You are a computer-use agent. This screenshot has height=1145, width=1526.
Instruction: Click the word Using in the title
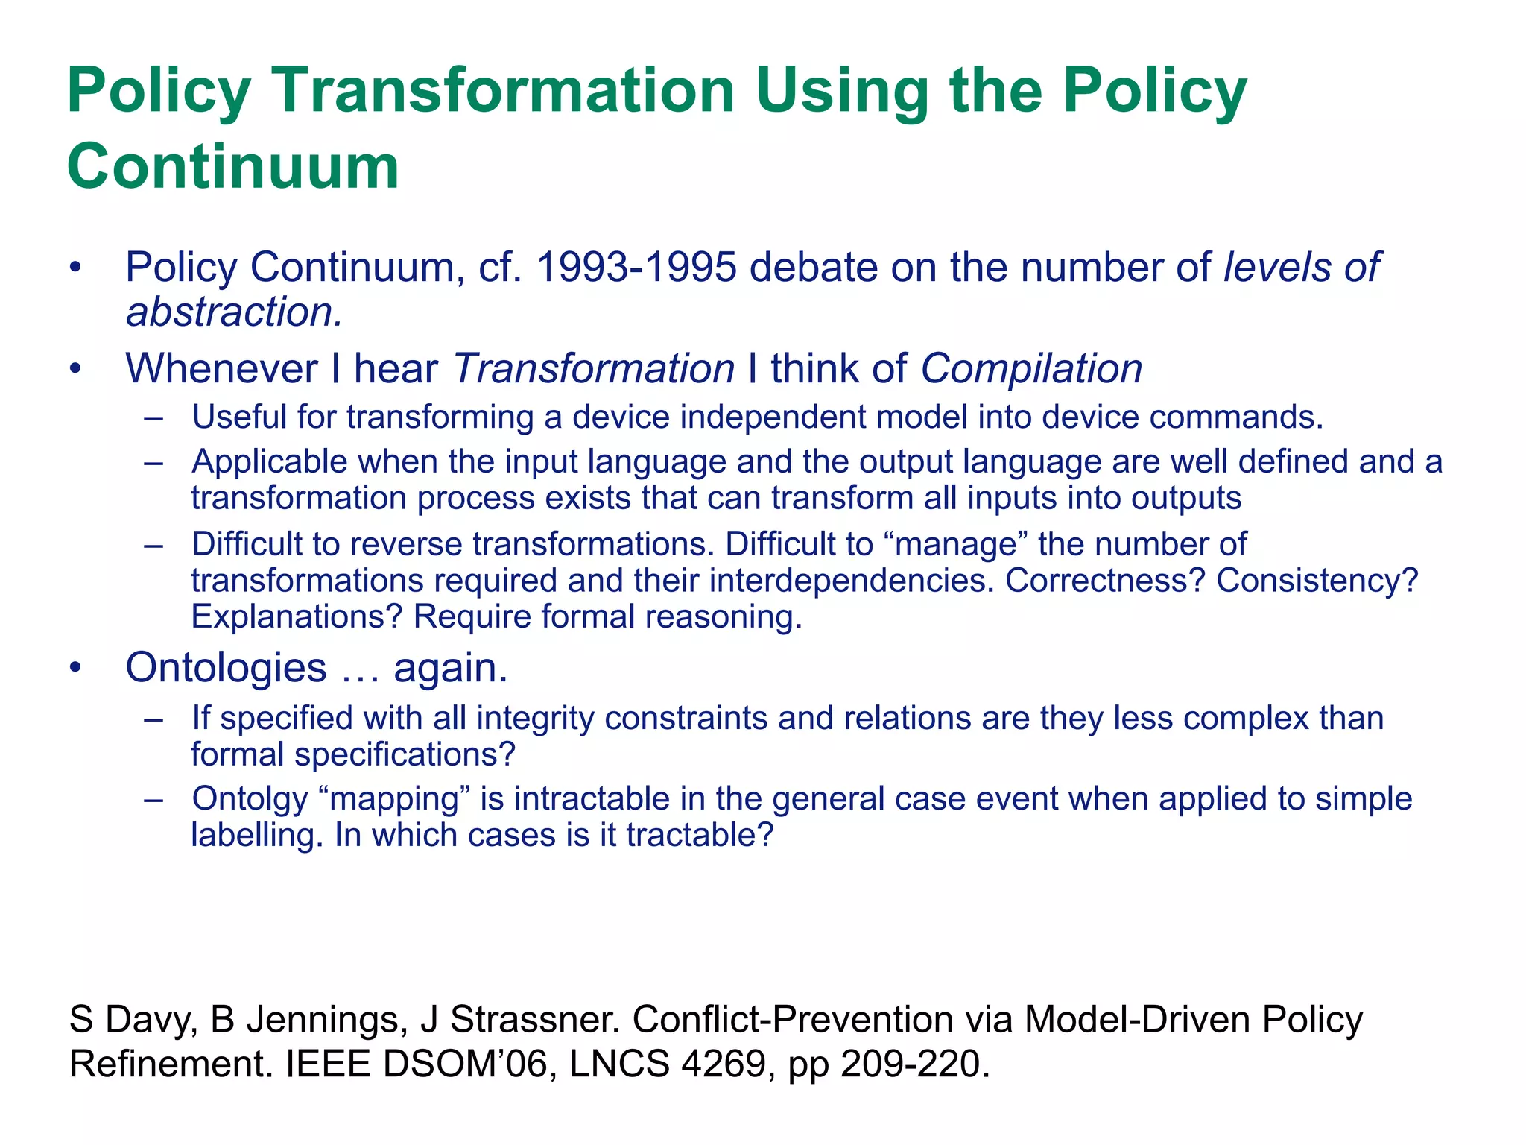pos(843,91)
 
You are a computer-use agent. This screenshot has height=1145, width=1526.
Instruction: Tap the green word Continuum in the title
pos(233,166)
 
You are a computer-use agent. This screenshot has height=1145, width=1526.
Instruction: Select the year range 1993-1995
pos(636,268)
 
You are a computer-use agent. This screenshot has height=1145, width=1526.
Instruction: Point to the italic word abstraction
pos(234,312)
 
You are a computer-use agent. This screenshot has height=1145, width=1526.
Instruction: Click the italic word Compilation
pos(1031,369)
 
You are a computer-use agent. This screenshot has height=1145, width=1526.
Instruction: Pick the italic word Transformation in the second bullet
pos(594,369)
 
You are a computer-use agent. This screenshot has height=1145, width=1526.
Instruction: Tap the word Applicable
pos(269,462)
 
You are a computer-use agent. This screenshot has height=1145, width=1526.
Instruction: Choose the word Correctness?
pos(1105,581)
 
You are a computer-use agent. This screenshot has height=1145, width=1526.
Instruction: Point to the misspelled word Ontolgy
pos(250,799)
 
